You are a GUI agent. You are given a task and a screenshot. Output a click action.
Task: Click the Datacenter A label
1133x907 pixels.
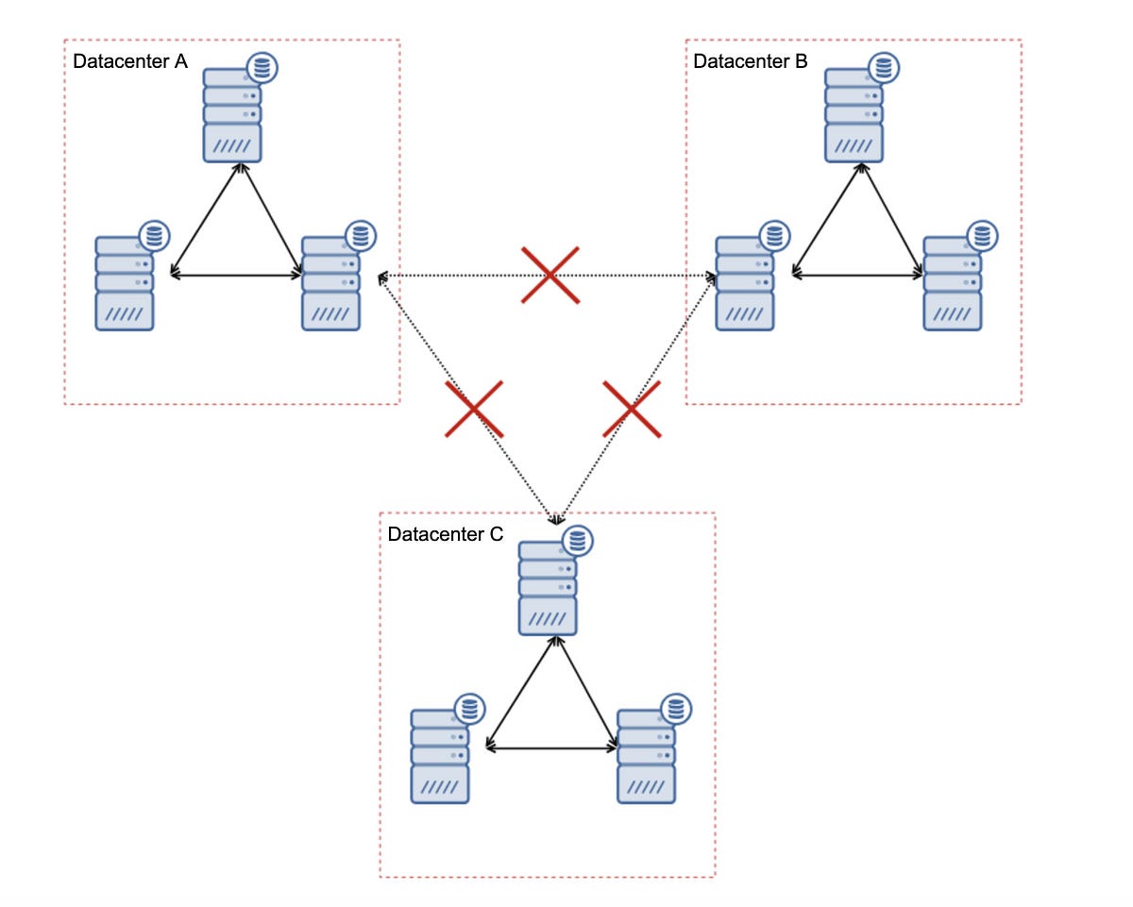click(130, 62)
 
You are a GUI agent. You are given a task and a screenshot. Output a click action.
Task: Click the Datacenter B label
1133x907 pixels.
click(750, 62)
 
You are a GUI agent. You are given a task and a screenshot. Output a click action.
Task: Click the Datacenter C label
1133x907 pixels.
click(445, 534)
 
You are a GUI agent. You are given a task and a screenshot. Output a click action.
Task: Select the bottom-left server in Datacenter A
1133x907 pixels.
click(125, 283)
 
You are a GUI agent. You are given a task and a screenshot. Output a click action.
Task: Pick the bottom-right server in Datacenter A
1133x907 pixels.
click(330, 283)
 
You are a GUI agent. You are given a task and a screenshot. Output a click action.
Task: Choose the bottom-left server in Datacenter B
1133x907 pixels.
click(745, 283)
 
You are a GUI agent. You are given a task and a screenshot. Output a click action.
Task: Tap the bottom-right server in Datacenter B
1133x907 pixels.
click(952, 283)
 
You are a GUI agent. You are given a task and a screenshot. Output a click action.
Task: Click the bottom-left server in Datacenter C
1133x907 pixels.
click(440, 756)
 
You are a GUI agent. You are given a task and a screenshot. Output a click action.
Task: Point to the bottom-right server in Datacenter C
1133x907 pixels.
click(647, 756)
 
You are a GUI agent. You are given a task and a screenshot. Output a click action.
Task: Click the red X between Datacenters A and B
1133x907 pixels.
click(550, 275)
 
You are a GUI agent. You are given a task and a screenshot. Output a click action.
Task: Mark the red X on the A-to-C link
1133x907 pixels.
click(474, 409)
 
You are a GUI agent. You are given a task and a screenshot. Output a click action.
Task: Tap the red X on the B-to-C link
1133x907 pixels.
click(632, 409)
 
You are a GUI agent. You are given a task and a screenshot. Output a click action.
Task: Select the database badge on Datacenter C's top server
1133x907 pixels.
click(577, 541)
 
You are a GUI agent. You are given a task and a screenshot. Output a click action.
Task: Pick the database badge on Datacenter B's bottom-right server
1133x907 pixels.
click(982, 236)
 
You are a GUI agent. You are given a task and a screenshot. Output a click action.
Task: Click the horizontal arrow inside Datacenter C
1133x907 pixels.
click(551, 748)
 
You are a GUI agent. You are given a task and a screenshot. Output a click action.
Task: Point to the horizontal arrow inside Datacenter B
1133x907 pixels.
click(857, 276)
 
